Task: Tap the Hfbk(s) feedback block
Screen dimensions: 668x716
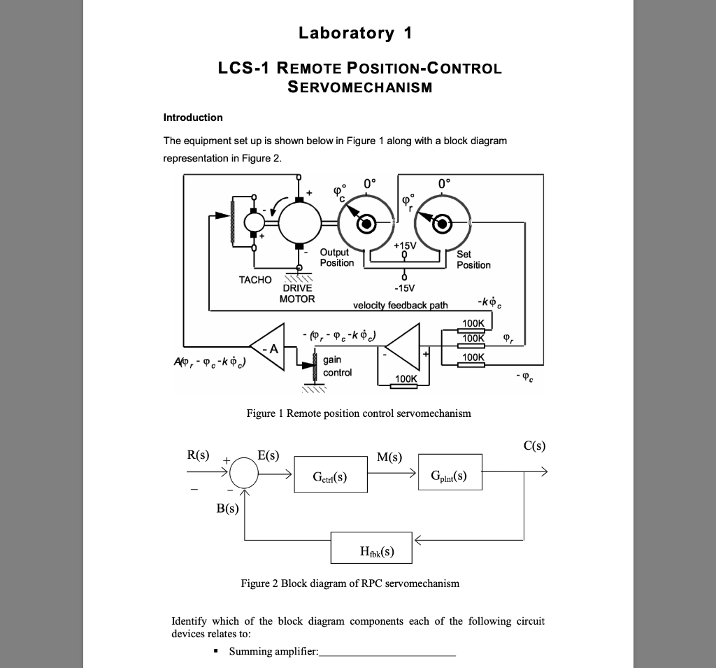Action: click(x=371, y=550)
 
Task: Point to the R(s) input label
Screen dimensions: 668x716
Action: click(x=198, y=455)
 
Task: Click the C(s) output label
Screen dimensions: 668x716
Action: click(x=534, y=446)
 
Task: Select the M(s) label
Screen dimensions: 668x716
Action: click(x=389, y=457)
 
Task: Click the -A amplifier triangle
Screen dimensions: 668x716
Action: click(x=269, y=346)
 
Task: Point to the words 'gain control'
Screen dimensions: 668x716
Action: click(x=336, y=366)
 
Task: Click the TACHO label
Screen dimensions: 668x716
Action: click(x=255, y=280)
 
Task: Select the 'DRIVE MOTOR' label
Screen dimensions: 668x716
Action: click(x=297, y=293)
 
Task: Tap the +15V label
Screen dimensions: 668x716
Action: click(x=405, y=246)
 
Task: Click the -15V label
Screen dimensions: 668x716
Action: click(x=404, y=287)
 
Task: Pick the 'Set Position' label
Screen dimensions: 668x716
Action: click(x=473, y=260)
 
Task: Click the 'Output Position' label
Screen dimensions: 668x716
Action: click(x=336, y=257)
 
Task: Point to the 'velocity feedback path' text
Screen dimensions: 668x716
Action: click(x=401, y=305)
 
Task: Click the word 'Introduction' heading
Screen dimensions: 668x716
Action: click(x=193, y=118)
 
